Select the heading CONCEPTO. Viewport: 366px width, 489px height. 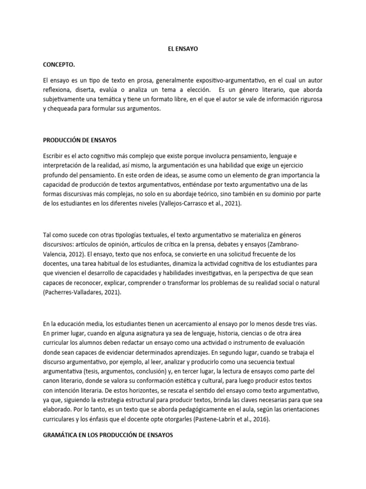pyautogui.click(x=59, y=64)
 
